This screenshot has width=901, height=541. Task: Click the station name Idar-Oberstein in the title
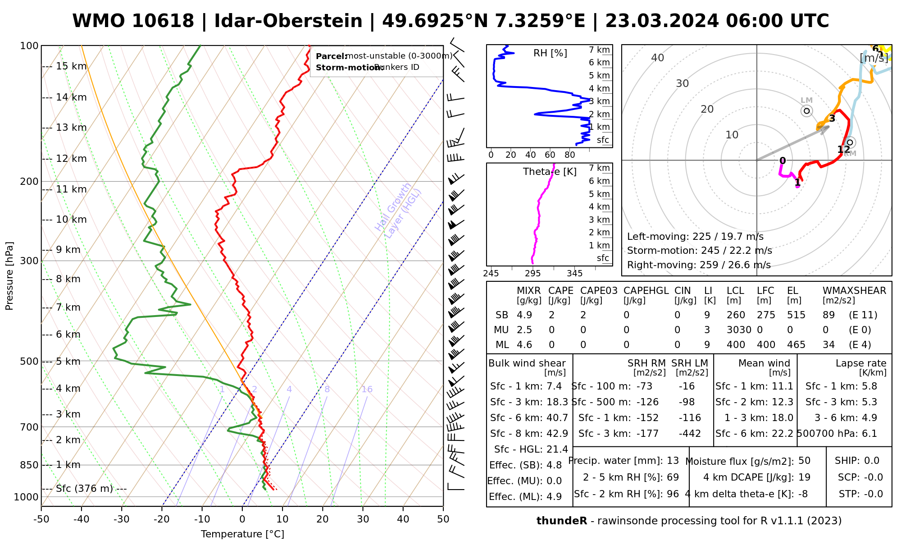tap(288, 21)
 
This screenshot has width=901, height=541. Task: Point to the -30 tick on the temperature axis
tap(122, 519)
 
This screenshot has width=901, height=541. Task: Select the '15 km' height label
tap(71, 66)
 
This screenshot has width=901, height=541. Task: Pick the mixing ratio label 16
tap(367, 390)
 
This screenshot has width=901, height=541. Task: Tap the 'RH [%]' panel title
tap(550, 53)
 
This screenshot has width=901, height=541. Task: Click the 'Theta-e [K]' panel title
tap(550, 172)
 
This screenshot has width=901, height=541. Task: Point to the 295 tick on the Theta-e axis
tap(533, 273)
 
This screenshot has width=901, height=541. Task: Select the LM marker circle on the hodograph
tap(806, 110)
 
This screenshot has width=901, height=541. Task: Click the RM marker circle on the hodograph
tap(850, 142)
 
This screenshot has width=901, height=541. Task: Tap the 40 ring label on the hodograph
tap(658, 58)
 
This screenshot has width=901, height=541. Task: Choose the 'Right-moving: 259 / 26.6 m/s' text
tap(699, 265)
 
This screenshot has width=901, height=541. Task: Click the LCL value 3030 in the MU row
tap(739, 330)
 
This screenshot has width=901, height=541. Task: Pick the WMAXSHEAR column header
tap(854, 291)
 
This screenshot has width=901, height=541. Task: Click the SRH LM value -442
tap(690, 434)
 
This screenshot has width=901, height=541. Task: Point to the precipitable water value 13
tap(673, 461)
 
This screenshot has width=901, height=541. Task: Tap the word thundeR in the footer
tap(562, 521)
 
